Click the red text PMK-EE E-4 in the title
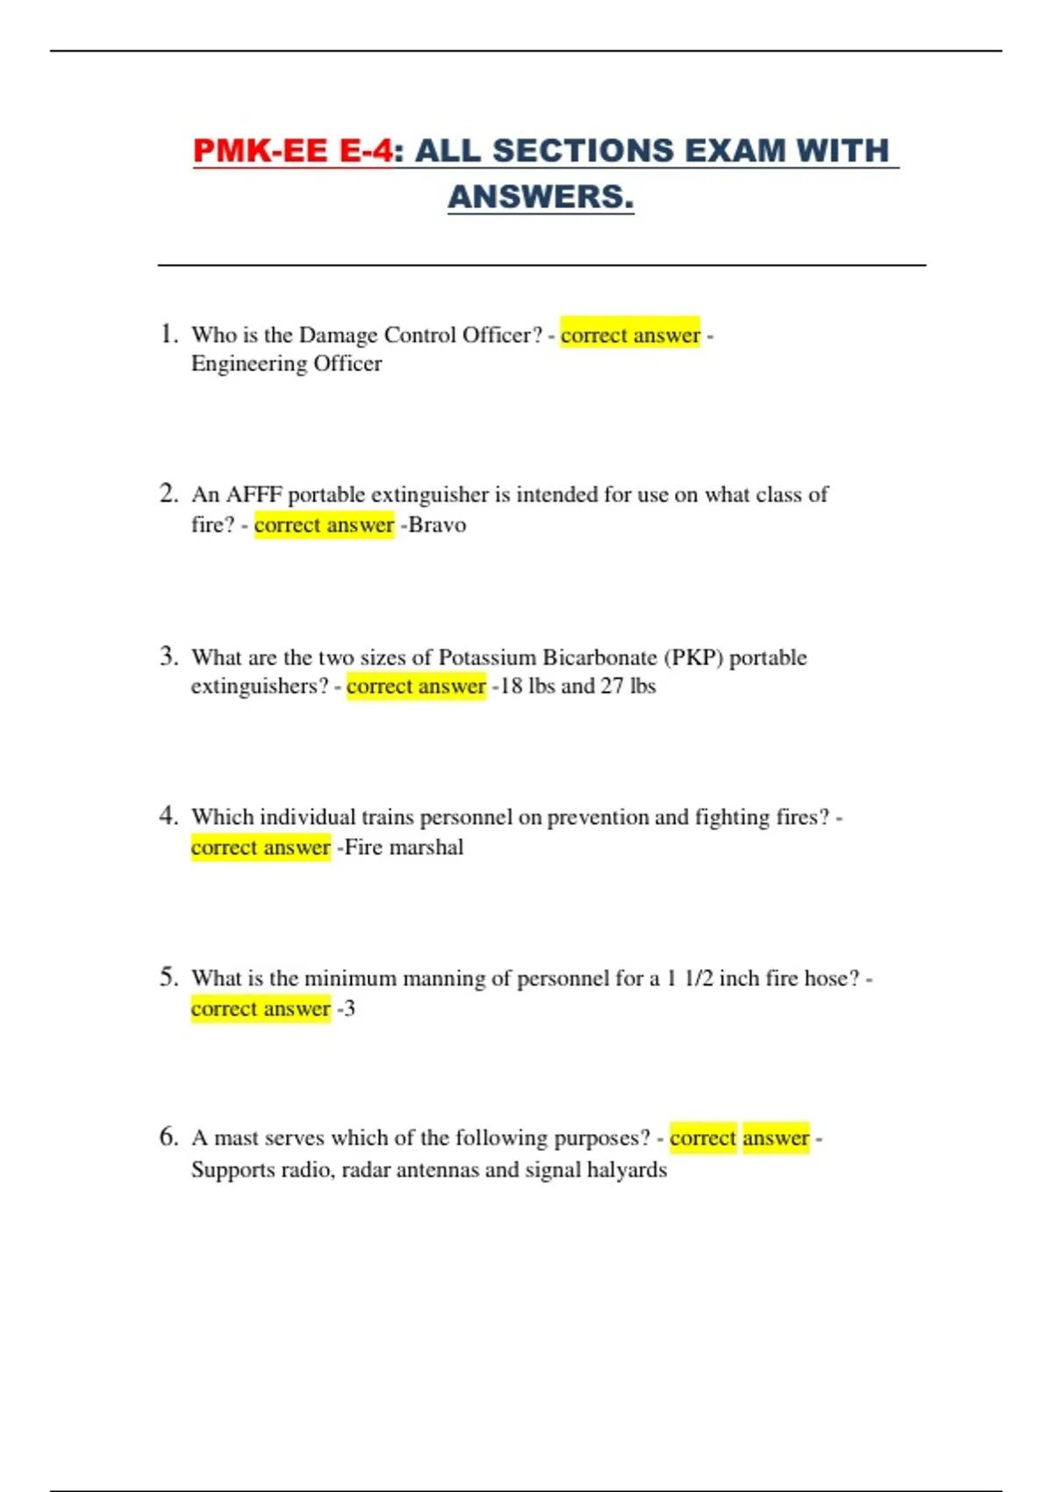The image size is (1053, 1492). coord(293,150)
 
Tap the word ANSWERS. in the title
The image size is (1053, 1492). coord(541,197)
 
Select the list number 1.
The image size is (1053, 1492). coord(168,334)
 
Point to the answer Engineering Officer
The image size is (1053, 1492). coord(286,363)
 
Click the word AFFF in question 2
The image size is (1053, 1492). coord(254,495)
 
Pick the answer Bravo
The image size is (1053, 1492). coord(437,525)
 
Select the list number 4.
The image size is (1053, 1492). coord(168,816)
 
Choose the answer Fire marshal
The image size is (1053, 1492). coord(405,847)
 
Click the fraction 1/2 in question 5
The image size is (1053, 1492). coord(698,978)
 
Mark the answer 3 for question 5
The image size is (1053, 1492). coord(349,1008)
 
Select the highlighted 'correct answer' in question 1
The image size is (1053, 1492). coord(630,334)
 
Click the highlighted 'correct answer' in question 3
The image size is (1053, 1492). coord(416,685)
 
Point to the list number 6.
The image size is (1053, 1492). coord(168,1137)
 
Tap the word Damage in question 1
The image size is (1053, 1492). coord(338,334)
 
